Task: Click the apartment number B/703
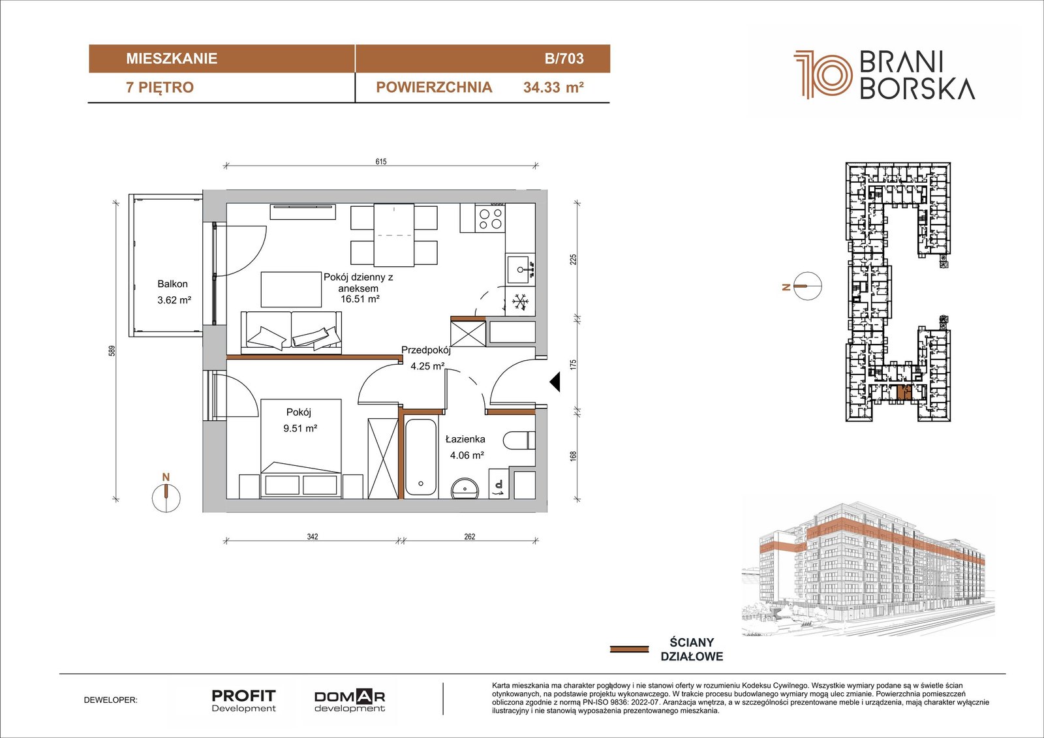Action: point(564,58)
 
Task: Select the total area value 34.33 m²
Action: point(553,87)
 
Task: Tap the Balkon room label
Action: point(172,284)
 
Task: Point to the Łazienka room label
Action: point(465,439)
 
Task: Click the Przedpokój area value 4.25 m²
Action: point(427,366)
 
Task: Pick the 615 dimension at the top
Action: point(381,161)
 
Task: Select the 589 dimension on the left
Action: point(112,350)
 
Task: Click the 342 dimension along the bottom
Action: point(313,536)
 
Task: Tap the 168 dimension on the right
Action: point(574,456)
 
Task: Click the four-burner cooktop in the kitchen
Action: point(491,219)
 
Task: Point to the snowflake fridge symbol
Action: point(519,301)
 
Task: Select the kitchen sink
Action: point(520,269)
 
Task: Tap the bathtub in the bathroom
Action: point(421,457)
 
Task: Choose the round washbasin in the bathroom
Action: point(465,487)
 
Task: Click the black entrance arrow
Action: point(555,382)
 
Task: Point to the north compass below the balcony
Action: point(166,497)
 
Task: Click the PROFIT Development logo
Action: point(244,701)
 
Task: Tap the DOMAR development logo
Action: point(350,701)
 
